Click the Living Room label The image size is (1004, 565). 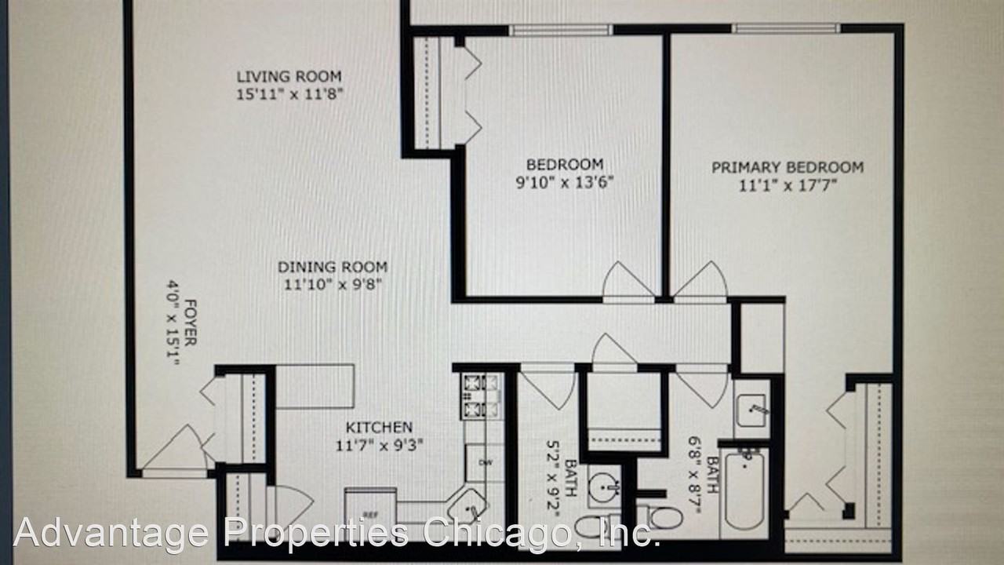289,77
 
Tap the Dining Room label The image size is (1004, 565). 333,268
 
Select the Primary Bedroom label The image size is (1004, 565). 787,167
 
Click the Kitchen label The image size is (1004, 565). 379,428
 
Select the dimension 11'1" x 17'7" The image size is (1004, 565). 787,185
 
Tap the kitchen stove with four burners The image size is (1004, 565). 481,395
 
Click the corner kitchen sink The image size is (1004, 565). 472,506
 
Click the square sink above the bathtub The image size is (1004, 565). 751,409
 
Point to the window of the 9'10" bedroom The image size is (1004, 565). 560,30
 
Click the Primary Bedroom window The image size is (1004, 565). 786,29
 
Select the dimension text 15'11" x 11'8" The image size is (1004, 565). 289,95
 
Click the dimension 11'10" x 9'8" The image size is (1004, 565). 333,285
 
